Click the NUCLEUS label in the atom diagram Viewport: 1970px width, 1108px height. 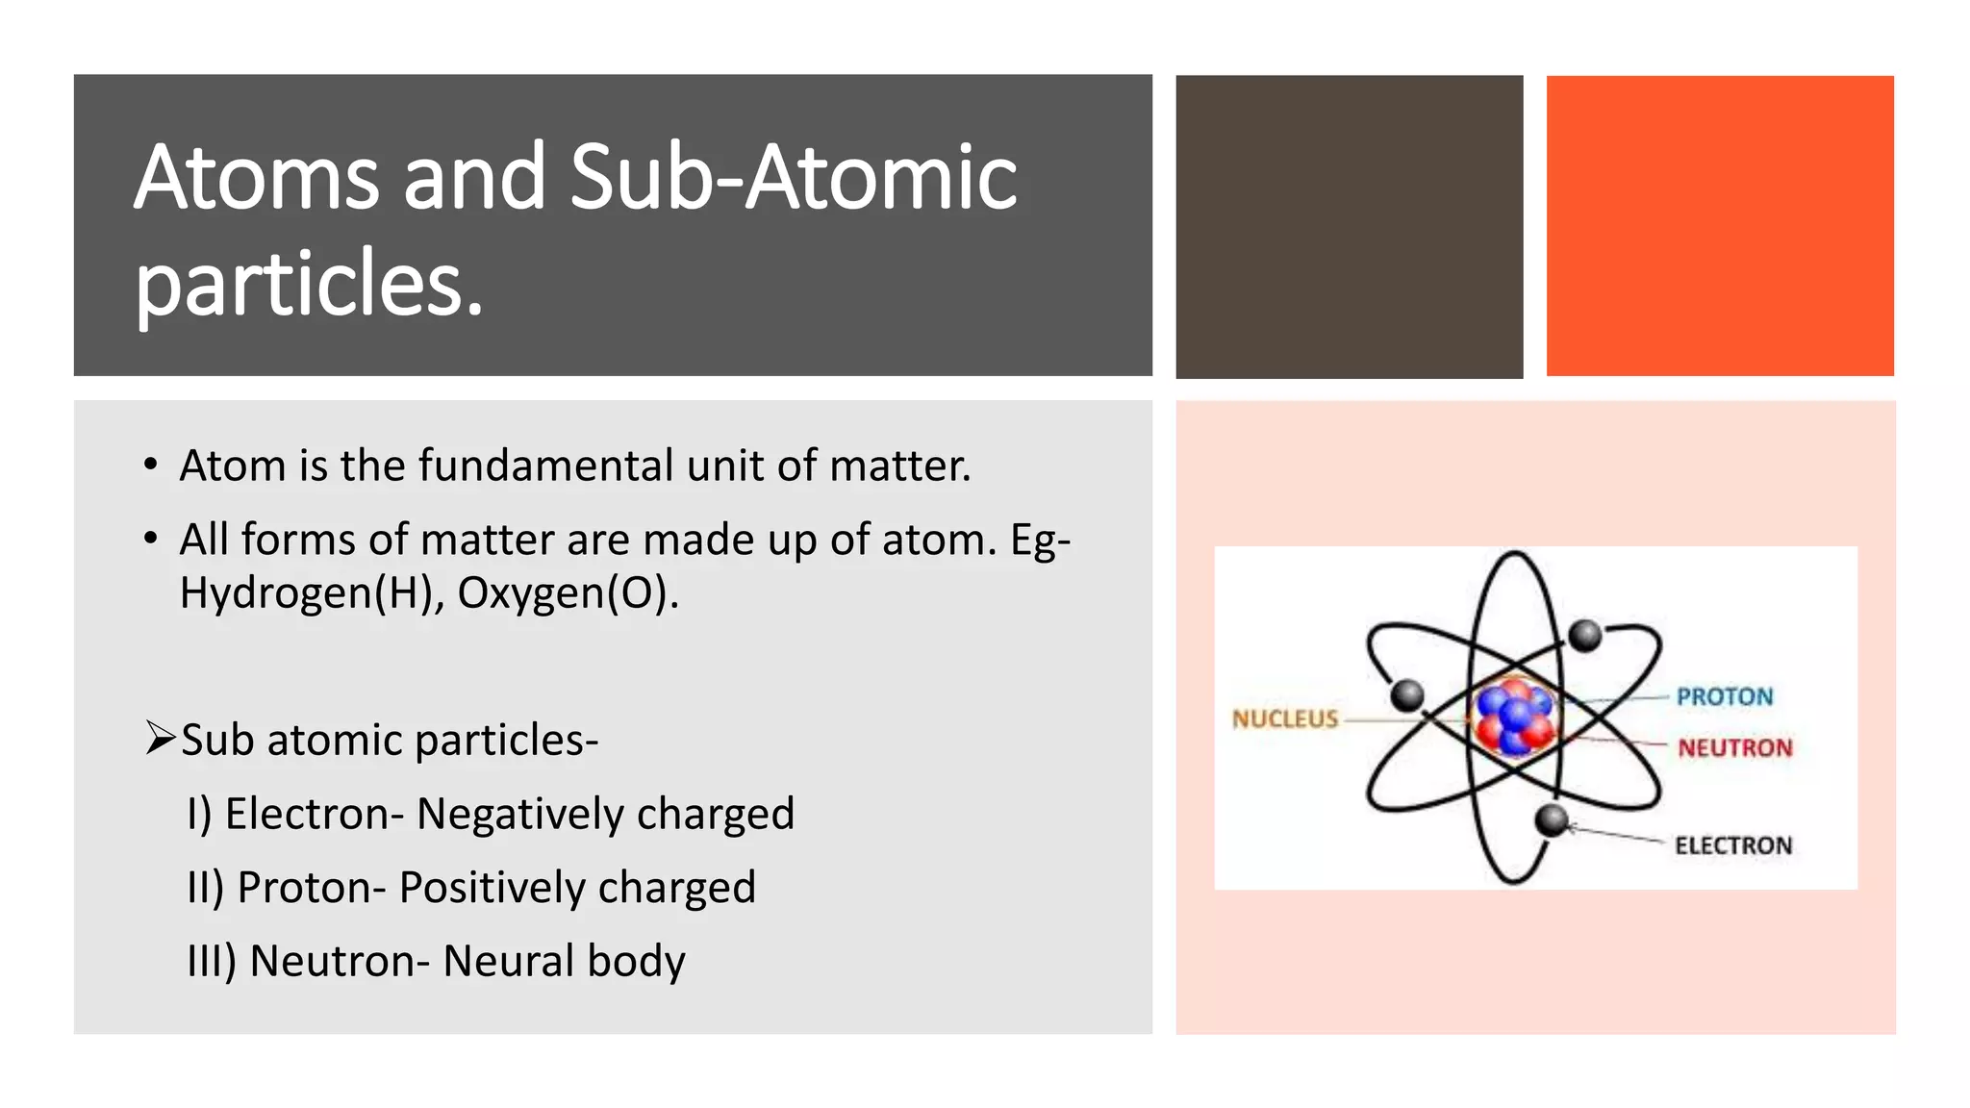(x=1285, y=718)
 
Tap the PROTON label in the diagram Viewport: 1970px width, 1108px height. (x=1724, y=696)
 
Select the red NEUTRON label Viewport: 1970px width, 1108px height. (x=1735, y=747)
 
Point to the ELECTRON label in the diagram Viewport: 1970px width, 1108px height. (x=1733, y=845)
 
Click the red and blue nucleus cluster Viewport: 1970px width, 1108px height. (x=1514, y=718)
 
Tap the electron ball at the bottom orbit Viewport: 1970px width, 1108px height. (x=1552, y=820)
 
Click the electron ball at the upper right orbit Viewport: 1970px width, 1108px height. (x=1585, y=635)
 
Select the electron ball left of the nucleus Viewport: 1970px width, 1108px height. (x=1408, y=693)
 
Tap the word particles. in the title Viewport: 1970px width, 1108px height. (x=309, y=284)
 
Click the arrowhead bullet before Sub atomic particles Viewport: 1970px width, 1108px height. (x=160, y=739)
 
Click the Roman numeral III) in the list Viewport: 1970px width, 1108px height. (x=212, y=961)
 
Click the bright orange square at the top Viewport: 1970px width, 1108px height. (x=1720, y=225)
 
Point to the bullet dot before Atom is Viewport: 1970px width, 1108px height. (x=150, y=466)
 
